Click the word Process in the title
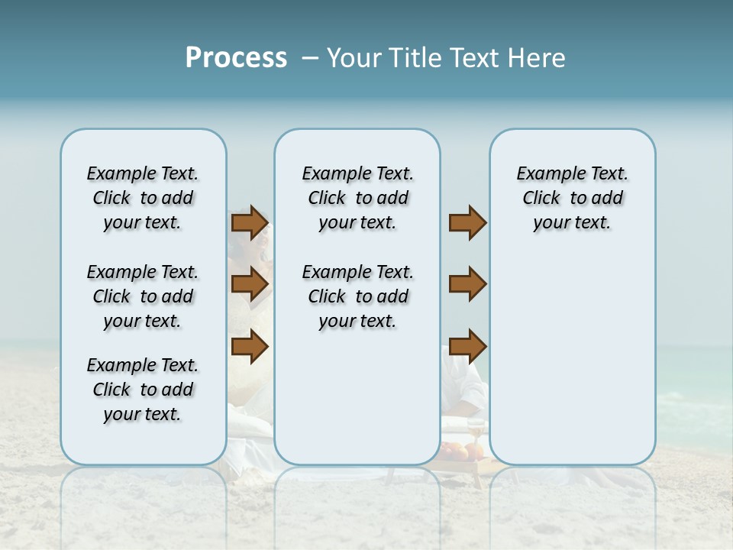point(236,58)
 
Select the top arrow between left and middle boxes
point(250,223)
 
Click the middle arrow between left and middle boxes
point(250,285)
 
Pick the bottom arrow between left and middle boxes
point(250,347)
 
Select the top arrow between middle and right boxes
point(467,223)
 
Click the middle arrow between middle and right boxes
point(467,285)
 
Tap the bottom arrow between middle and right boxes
point(467,347)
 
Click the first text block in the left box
point(143,198)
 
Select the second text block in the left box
point(143,296)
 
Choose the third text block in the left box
point(143,390)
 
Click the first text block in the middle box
point(357,198)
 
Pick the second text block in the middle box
point(357,296)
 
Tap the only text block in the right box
point(572,198)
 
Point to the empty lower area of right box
point(572,359)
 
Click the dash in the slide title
point(309,59)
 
